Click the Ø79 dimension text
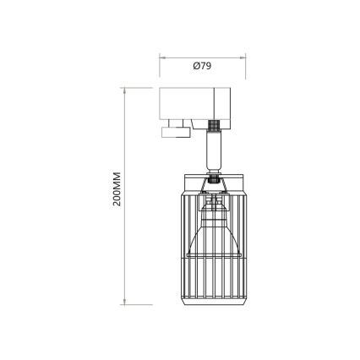click(201, 68)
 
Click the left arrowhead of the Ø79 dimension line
click(162, 57)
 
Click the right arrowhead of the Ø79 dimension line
click(243, 57)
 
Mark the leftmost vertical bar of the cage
click(184, 245)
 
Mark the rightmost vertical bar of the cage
click(244, 245)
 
